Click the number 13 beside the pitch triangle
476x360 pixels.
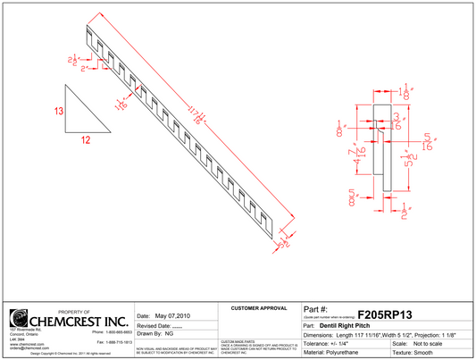58,112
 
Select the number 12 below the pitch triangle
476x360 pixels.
87,139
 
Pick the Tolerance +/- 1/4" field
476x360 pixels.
327,343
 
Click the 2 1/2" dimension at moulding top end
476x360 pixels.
72,60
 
